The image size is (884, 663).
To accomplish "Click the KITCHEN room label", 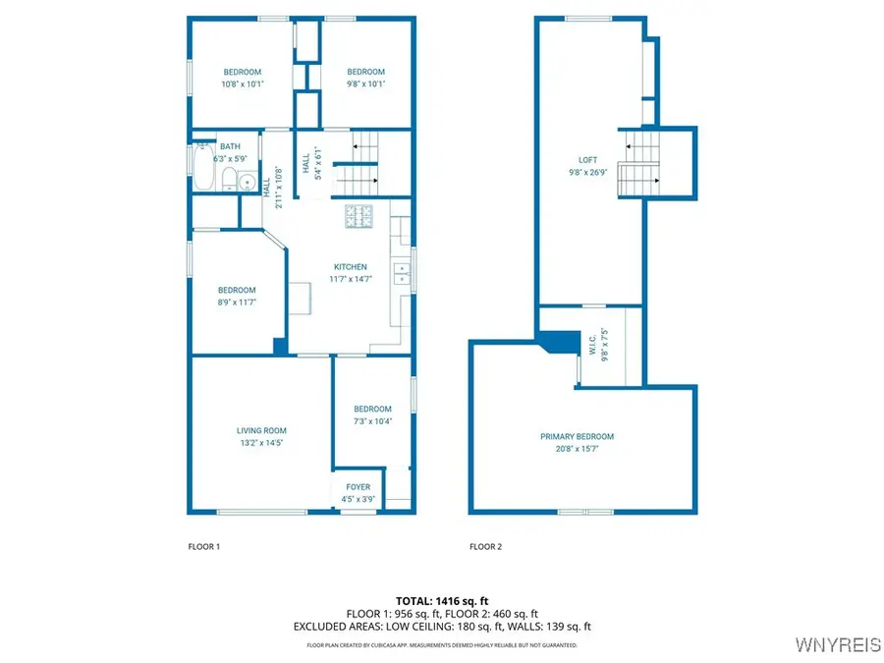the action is coord(350,266).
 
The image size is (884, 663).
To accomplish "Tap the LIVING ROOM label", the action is coord(261,431).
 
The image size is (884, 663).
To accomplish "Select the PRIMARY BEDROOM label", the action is coord(577,436).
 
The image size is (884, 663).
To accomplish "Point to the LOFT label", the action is coord(587,160).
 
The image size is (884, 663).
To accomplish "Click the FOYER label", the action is coord(358,487).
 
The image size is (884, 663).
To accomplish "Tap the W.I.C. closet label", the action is coord(592,345).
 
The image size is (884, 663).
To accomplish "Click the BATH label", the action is coord(230,146).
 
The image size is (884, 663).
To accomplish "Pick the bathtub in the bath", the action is coord(203,167).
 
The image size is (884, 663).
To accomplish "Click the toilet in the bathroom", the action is coord(229,180).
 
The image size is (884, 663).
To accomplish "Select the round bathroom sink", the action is coord(247,183).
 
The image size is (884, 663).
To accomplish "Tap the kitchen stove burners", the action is coord(359,216).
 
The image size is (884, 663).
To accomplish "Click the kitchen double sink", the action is coord(402,273).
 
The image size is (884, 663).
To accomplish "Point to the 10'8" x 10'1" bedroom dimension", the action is coord(243,84).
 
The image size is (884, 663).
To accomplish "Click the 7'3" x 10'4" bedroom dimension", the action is coord(372,421).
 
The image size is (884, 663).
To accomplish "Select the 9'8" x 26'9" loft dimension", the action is coord(588,173).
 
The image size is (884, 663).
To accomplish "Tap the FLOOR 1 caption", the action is coord(204,546).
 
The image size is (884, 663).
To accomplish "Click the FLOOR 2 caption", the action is coord(485,546).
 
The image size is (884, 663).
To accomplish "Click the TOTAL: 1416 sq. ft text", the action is coord(442,601).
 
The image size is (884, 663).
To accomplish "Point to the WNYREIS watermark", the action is coord(838,644).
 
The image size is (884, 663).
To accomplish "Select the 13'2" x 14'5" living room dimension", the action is coord(261,443).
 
